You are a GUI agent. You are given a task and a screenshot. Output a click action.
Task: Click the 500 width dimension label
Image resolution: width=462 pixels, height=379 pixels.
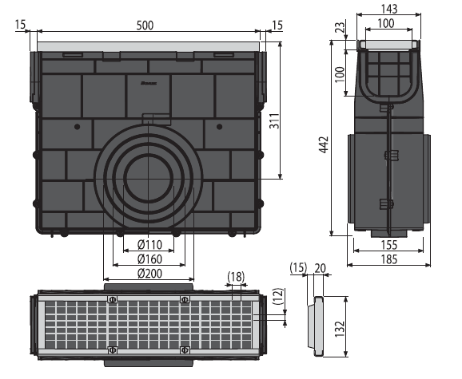pyautogui.click(x=145, y=26)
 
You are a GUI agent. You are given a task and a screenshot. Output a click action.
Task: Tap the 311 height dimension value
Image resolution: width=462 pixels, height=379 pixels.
pyautogui.click(x=274, y=120)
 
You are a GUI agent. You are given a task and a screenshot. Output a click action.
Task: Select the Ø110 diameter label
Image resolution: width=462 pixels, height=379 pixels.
pyautogui.click(x=149, y=244)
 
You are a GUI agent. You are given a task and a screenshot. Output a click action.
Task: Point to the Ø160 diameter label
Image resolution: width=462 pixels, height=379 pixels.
pyautogui.click(x=149, y=259)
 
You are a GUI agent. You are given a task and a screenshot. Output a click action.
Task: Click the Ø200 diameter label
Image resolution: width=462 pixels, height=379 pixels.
pyautogui.click(x=149, y=274)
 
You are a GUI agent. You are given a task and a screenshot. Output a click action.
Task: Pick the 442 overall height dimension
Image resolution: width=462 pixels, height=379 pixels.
pyautogui.click(x=324, y=144)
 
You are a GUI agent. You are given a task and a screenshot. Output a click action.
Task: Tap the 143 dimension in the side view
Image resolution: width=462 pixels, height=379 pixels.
pyautogui.click(x=389, y=9)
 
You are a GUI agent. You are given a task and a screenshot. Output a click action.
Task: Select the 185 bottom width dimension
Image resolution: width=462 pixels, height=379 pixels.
pyautogui.click(x=389, y=259)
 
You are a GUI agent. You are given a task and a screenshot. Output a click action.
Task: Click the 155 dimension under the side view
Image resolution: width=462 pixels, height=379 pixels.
pyautogui.click(x=389, y=245)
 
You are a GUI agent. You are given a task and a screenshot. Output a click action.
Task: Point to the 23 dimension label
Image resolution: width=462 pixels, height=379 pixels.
pyautogui.click(x=341, y=28)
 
